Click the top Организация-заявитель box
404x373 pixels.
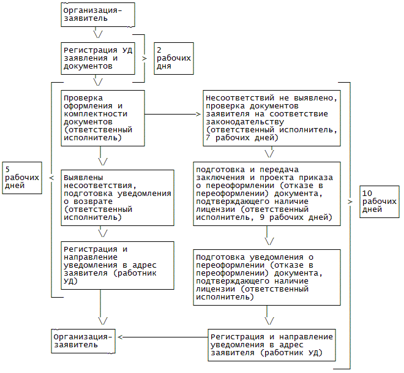click(x=97, y=15)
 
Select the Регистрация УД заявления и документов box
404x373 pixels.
click(x=97, y=58)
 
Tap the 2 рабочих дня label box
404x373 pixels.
click(x=173, y=58)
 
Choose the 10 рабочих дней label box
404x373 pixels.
click(x=378, y=201)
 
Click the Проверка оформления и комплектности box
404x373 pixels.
click(x=103, y=118)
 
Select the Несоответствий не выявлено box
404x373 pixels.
click(x=272, y=118)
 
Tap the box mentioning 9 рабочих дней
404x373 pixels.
click(x=266, y=192)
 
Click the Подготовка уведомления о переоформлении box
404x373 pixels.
click(x=266, y=276)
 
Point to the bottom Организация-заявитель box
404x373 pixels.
click(x=83, y=341)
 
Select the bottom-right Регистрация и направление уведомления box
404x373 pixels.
click(x=271, y=345)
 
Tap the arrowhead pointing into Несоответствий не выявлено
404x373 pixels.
click(x=198, y=114)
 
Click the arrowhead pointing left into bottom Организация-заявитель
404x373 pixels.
click(x=121, y=337)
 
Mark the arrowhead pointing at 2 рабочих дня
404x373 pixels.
click(x=145, y=58)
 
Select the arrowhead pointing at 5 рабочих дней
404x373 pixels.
click(x=51, y=178)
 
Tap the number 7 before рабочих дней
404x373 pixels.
click(x=208, y=138)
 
